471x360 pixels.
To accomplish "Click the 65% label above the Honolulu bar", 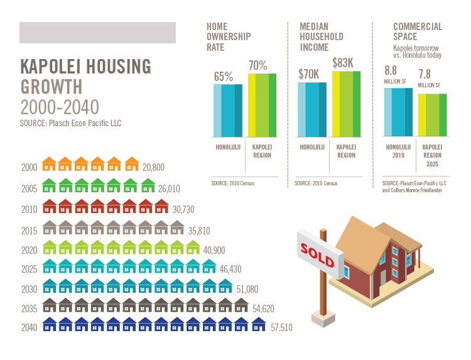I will [x=224, y=77].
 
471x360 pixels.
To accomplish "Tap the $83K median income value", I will [x=343, y=63].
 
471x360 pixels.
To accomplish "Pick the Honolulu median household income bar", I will [x=312, y=110].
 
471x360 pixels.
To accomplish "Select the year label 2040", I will [x=30, y=327].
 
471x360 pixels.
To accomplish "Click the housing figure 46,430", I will [x=230, y=269].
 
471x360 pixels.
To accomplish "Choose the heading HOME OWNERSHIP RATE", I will [x=229, y=36].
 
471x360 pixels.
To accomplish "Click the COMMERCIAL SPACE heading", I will [x=418, y=31].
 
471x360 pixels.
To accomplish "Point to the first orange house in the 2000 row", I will [x=50, y=165].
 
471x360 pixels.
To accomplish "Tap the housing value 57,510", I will [x=279, y=327].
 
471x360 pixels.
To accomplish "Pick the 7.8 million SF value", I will [x=425, y=74].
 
